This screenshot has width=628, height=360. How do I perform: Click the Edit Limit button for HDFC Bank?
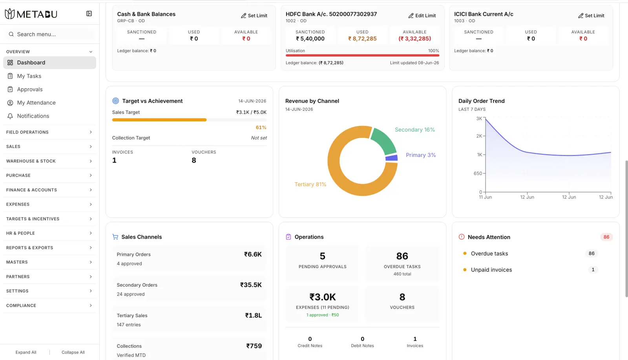422,16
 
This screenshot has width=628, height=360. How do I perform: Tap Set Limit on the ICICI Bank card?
591,16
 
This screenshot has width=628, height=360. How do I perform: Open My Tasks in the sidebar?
29,76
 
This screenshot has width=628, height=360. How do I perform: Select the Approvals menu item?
30,89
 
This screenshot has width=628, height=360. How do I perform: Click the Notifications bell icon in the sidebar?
10,116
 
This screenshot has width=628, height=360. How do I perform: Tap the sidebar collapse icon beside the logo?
89,14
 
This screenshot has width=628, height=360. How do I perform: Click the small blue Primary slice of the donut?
392,158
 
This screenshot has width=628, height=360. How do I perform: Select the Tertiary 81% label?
310,184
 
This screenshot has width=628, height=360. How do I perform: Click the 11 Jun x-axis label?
485,197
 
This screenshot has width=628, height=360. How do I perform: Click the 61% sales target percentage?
261,128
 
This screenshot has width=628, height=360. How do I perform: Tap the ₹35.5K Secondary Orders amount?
251,285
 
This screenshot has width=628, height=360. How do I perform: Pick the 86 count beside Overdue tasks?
591,254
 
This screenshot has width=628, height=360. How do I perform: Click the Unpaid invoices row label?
491,270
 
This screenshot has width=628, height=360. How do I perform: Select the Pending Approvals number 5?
322,256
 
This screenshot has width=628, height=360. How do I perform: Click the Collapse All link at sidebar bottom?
73,352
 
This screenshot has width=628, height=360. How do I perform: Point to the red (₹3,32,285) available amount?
414,39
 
